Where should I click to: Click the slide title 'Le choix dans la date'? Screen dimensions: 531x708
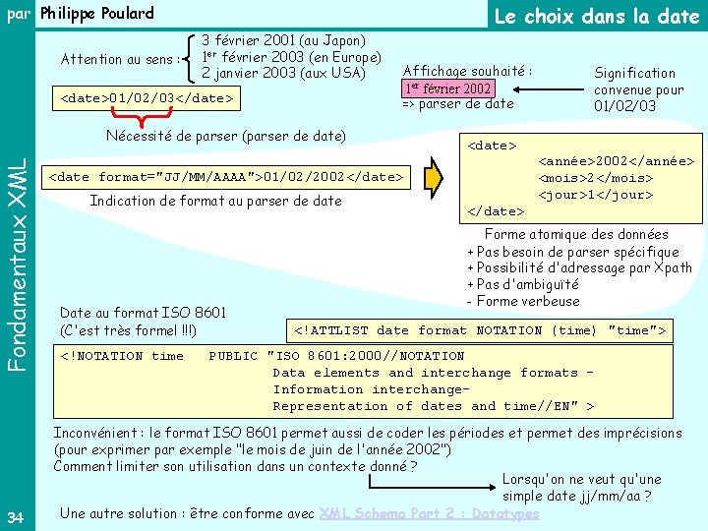pyautogui.click(x=596, y=17)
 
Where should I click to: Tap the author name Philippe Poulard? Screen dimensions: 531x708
pyautogui.click(x=97, y=14)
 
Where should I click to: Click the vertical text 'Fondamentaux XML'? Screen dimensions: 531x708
pyautogui.click(x=18, y=252)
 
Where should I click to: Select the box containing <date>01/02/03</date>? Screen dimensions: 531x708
pyautogui.click(x=147, y=98)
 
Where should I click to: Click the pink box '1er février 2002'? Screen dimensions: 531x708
pyautogui.click(x=443, y=88)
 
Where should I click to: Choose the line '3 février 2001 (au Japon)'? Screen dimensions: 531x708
pyautogui.click(x=283, y=40)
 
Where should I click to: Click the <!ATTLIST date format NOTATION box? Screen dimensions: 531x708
pyautogui.click(x=481, y=330)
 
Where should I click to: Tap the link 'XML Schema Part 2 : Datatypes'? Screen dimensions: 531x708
pyautogui.click(x=430, y=513)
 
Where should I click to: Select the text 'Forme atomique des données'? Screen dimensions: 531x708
pyautogui.click(x=575, y=234)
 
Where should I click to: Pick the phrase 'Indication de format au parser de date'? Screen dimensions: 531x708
pyautogui.click(x=215, y=201)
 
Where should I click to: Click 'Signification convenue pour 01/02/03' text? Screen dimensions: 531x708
pyautogui.click(x=638, y=89)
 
